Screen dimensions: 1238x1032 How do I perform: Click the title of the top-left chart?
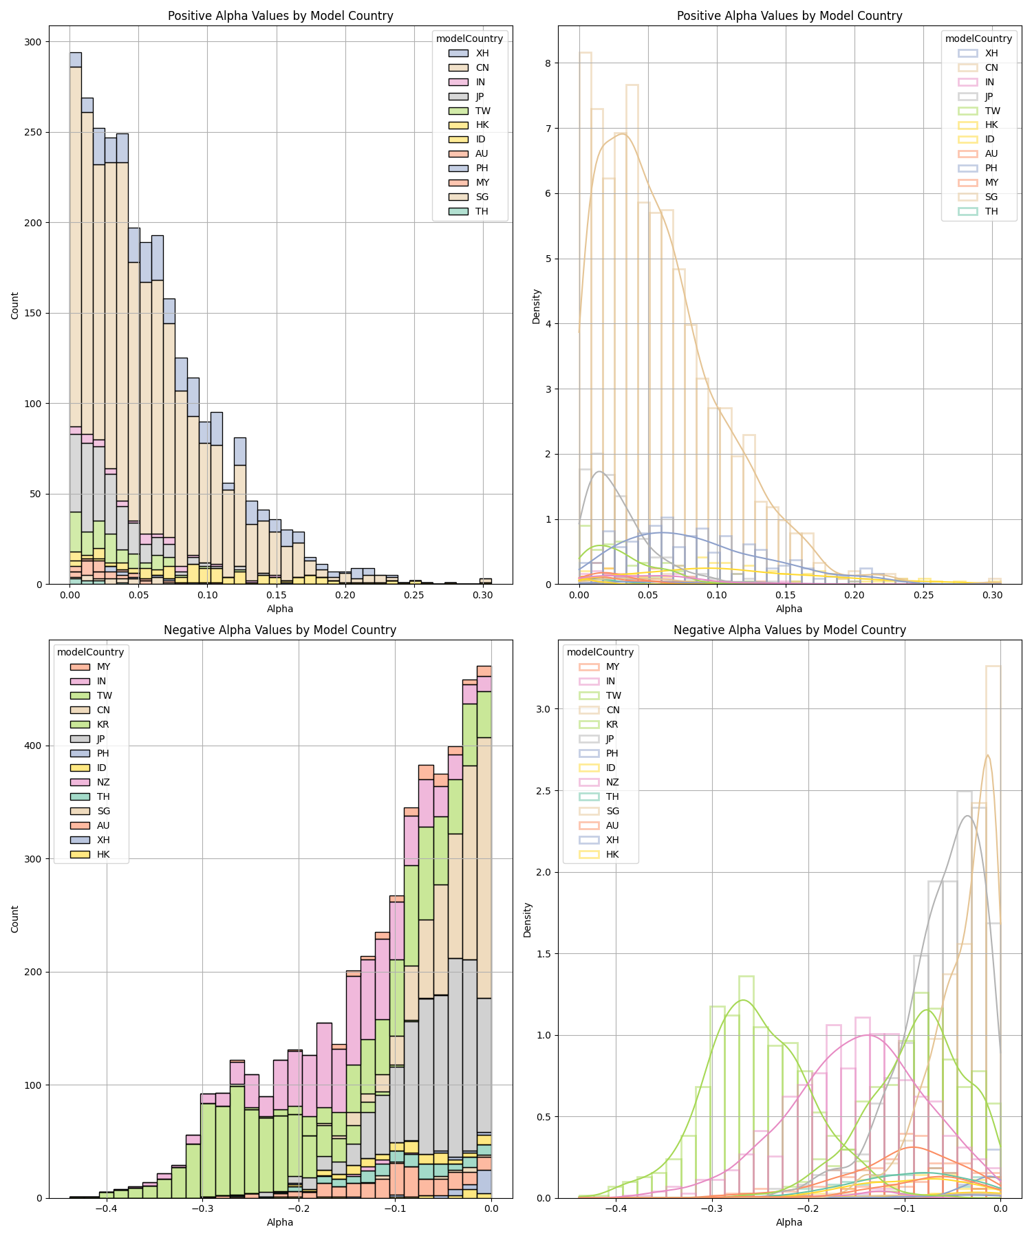point(280,16)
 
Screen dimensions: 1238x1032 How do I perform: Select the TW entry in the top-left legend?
point(482,111)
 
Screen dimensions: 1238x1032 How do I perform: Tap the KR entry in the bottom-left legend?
point(103,724)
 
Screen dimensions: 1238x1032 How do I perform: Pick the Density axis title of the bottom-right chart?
point(528,920)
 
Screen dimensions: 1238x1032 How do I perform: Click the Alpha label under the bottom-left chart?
point(280,1222)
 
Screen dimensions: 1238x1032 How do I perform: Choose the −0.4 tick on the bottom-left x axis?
point(105,1207)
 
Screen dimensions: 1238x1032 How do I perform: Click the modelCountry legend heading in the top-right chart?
point(978,39)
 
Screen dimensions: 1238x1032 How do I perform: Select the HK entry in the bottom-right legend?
point(612,854)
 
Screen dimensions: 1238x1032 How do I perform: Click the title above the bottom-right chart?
point(789,629)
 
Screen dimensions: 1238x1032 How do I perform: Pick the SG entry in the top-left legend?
point(482,197)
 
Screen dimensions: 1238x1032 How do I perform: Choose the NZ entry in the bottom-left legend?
point(103,782)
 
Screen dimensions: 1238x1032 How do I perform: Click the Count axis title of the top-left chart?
point(15,305)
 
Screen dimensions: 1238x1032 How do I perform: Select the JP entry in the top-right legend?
point(991,96)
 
